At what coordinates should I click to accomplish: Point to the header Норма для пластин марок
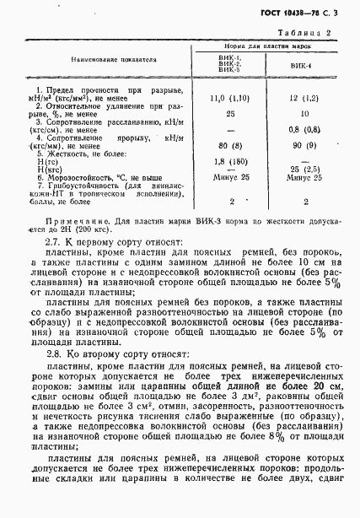[x=264, y=46]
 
